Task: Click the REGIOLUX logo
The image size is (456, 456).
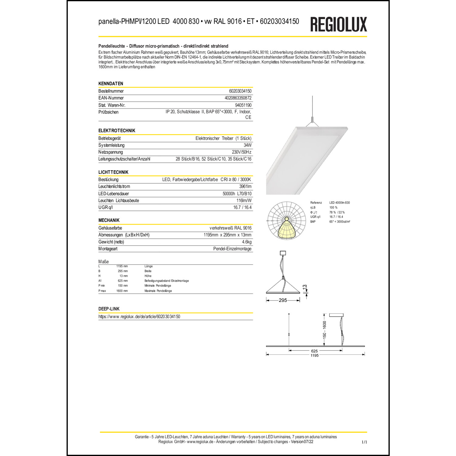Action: tap(338, 24)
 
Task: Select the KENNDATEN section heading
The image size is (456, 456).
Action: tap(111, 84)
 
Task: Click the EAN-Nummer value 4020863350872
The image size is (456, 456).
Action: tap(238, 98)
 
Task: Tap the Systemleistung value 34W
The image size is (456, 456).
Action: tap(247, 145)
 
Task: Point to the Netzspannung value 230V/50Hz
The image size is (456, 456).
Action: tap(241, 152)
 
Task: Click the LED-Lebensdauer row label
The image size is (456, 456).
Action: tap(114, 194)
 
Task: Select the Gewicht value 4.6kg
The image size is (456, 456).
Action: tap(247, 242)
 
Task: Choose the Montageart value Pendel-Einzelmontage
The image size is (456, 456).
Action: tap(232, 249)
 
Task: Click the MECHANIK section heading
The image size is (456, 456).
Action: tap(109, 220)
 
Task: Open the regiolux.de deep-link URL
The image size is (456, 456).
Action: tap(139, 316)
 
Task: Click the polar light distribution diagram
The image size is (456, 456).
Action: tap(286, 221)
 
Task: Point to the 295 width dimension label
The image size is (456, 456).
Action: tap(283, 300)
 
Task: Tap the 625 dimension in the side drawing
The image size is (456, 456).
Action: tap(314, 351)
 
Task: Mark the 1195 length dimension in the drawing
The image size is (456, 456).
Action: tap(314, 355)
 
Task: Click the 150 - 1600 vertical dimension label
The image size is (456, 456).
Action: tap(324, 330)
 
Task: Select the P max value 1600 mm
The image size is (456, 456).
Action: tap(122, 291)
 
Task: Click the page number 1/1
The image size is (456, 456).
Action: tap(364, 442)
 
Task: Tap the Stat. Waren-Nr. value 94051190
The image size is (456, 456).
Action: tap(243, 105)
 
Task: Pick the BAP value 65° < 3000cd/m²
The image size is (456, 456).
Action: tap(340, 222)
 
